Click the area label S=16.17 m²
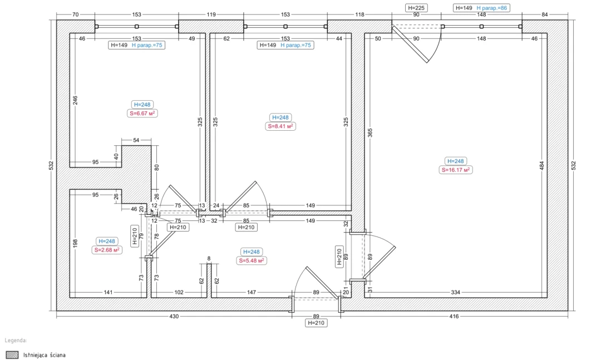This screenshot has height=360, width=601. (456, 170)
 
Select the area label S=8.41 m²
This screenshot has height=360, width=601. (280, 126)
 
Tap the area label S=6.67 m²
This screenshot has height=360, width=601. (142, 113)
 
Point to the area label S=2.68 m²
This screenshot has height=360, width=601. (107, 250)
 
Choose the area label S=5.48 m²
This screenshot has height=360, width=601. (252, 261)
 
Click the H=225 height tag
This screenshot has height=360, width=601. (416, 8)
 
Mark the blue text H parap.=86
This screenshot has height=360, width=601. (492, 8)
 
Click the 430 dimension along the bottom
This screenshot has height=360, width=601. (174, 316)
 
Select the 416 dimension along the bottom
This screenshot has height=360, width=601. (454, 316)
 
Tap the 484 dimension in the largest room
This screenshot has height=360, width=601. (541, 166)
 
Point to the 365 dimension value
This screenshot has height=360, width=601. (370, 132)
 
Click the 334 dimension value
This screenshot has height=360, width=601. (455, 292)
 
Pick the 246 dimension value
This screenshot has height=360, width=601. (75, 100)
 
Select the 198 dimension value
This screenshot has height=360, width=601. (75, 243)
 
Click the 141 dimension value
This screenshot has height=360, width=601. (108, 292)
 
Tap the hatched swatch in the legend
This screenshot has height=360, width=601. (12, 354)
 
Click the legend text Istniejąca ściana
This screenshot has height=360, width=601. (45, 355)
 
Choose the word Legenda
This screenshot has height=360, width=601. (16, 341)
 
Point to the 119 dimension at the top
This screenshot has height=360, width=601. (211, 14)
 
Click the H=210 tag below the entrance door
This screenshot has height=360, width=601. (316, 323)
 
